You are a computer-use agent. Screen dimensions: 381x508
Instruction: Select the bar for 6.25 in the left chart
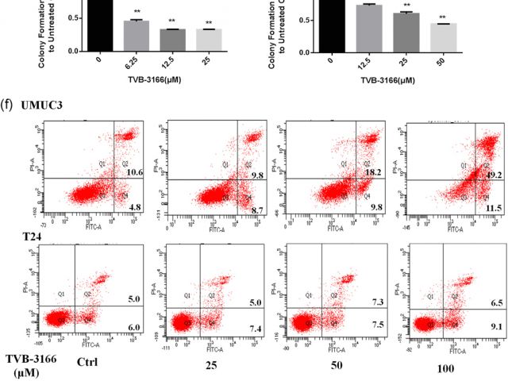pos(137,36)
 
